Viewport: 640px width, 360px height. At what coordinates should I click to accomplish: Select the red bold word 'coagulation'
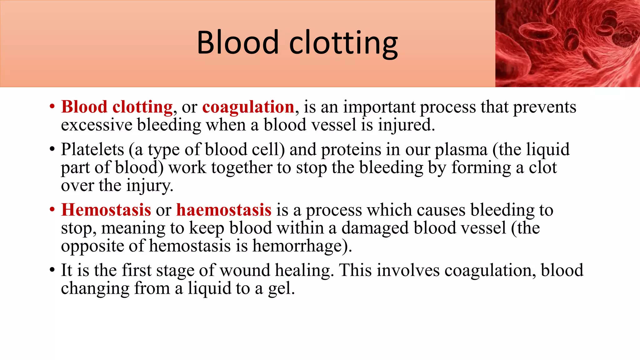point(248,107)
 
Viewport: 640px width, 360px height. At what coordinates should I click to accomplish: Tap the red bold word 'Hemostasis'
point(106,210)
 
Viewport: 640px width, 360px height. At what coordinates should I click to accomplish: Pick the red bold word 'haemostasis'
point(224,210)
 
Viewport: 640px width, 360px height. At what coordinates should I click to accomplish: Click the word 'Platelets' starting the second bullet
point(92,149)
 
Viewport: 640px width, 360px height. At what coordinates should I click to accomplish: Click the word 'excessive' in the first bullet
point(97,125)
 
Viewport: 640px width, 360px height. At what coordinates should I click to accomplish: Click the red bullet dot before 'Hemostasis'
point(52,210)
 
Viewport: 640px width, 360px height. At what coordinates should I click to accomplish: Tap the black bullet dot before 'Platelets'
point(52,149)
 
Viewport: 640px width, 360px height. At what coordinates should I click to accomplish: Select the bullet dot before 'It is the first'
point(52,270)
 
